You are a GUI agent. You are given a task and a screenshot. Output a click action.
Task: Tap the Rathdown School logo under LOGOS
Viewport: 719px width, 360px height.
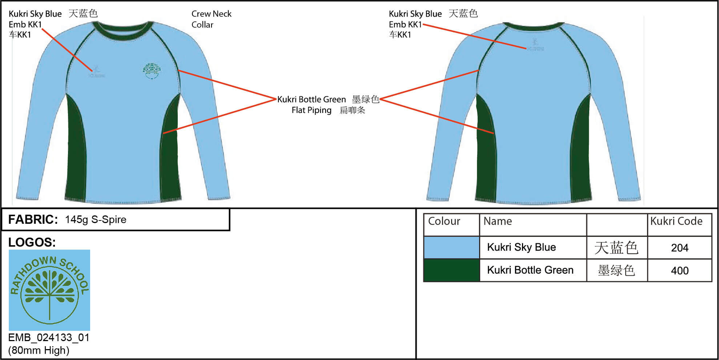[x=49, y=290]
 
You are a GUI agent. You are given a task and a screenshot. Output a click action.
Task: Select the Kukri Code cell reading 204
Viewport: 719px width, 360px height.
[x=679, y=248]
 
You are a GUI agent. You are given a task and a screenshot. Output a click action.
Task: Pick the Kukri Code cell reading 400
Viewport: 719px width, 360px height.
[x=679, y=271]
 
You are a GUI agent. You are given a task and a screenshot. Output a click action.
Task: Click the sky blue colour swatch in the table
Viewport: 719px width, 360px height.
[x=451, y=247]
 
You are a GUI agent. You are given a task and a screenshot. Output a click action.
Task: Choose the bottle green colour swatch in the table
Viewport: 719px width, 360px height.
[x=451, y=270]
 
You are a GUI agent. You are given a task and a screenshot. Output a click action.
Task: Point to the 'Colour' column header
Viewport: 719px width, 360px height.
[x=444, y=221]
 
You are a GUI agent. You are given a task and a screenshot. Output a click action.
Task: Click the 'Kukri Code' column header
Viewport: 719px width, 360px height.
[x=676, y=221]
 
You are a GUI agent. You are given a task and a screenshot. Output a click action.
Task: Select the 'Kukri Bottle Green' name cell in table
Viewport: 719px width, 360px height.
[x=530, y=270]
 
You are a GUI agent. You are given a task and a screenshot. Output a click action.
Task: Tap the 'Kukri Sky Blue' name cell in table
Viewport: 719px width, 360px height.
[x=521, y=247]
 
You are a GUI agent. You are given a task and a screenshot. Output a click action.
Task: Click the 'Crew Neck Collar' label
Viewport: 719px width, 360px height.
[x=211, y=19]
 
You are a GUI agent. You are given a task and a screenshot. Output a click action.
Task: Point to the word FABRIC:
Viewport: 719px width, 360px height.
[x=33, y=219]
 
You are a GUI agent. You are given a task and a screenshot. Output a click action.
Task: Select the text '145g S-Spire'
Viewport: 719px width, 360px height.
[x=96, y=219]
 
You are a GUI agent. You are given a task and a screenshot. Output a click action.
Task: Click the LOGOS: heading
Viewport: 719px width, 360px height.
[x=32, y=242]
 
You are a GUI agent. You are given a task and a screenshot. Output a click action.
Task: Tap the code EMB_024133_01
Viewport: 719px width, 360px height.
[x=49, y=337]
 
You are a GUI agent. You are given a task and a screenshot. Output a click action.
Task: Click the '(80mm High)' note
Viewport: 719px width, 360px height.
[x=39, y=350]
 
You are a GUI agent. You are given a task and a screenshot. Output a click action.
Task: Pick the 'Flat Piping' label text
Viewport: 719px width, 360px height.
[x=312, y=110]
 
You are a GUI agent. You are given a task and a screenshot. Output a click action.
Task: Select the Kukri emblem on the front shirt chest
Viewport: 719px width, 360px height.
[x=97, y=72]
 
